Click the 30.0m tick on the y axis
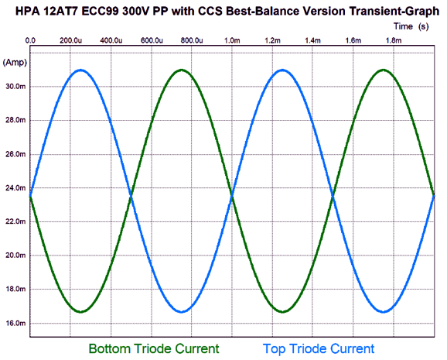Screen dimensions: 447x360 [x=15, y=86]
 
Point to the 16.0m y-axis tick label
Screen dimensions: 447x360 [x=15, y=323]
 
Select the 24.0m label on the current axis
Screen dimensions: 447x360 [x=15, y=188]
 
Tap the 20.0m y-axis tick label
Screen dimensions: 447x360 [x=15, y=255]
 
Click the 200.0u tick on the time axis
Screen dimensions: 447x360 [x=70, y=40]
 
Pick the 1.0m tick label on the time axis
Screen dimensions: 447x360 [x=232, y=40]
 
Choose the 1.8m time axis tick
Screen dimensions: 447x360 [x=394, y=40]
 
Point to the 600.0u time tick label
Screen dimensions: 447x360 [x=152, y=40]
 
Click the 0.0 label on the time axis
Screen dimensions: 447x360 [x=30, y=40]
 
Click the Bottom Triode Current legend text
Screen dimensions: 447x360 [x=154, y=348]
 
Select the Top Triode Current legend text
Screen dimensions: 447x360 [x=319, y=348]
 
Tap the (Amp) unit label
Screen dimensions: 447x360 [x=15, y=62]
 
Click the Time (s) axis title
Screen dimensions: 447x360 [x=411, y=26]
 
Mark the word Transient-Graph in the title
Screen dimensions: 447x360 [x=394, y=12]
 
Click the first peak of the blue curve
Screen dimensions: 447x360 [x=81, y=70]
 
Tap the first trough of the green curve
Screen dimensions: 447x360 [x=81, y=311]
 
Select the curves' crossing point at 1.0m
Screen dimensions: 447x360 [x=232, y=196]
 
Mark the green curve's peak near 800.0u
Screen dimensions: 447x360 [x=182, y=70]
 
